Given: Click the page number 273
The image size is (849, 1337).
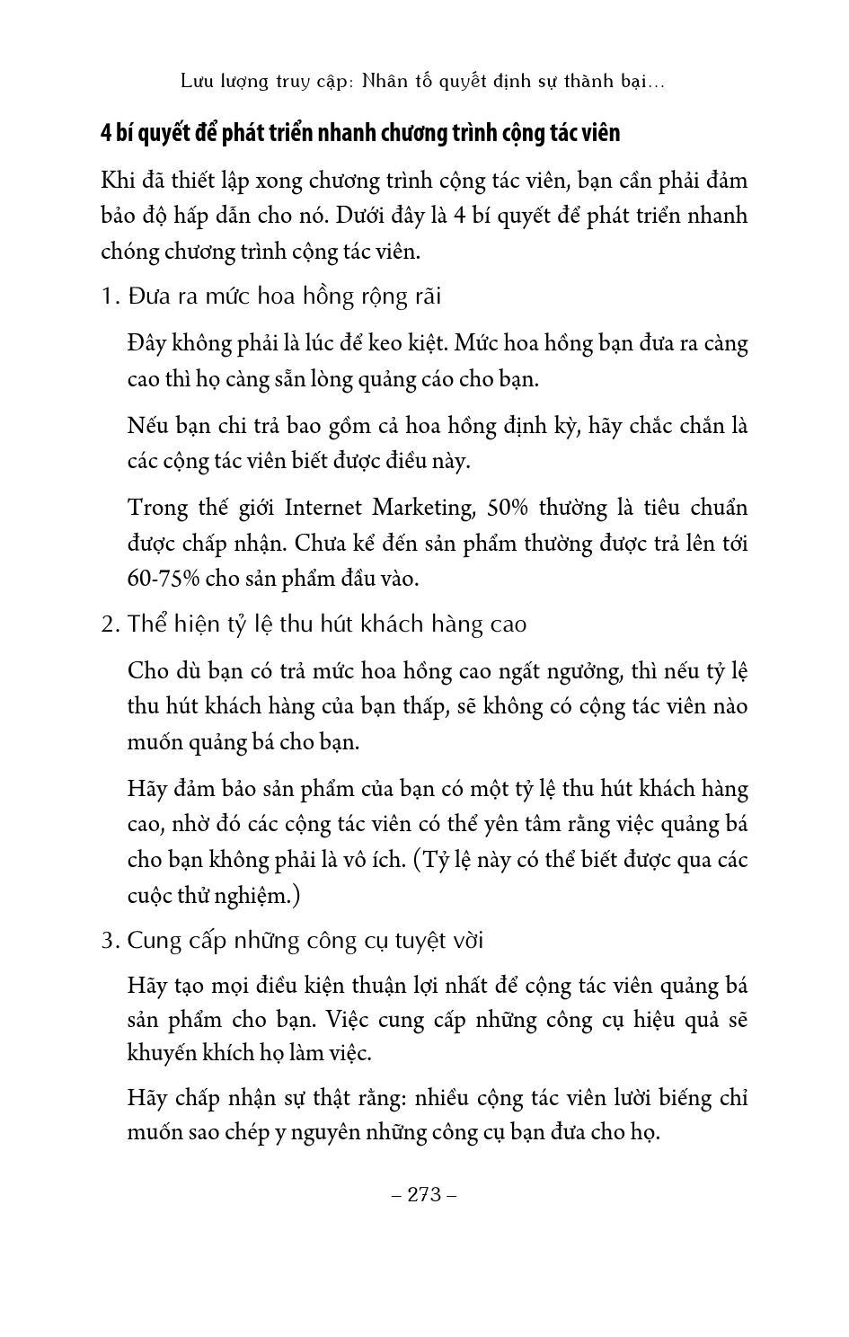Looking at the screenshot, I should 425,1194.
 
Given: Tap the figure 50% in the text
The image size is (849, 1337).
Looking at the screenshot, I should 508,508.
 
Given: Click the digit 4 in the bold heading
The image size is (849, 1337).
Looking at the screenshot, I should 106,133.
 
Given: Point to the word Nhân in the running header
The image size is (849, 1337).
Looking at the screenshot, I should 385,82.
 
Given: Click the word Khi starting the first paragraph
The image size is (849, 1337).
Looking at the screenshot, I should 118,181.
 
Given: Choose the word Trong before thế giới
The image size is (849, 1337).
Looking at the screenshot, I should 156,508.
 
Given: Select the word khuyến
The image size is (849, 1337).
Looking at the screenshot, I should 159,1054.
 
